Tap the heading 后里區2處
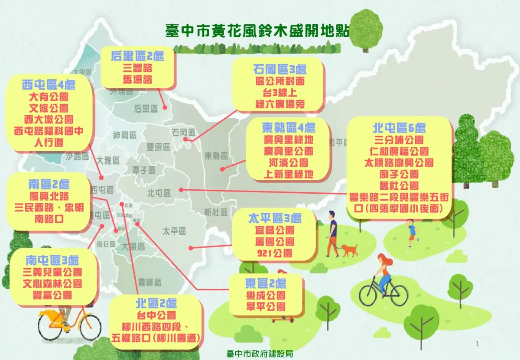pos(137,56)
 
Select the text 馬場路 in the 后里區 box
pos(137,80)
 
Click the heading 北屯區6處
pos(399,128)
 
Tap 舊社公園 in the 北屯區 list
pos(400,186)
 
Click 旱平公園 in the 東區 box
pos(266,307)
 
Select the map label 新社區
pos(216,212)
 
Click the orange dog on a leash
pos(349,250)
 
